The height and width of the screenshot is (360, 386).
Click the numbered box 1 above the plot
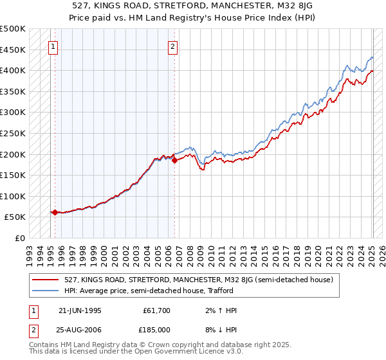tap(53, 46)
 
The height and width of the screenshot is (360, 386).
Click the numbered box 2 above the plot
tap(173, 46)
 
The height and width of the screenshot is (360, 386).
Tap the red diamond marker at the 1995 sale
tap(55, 212)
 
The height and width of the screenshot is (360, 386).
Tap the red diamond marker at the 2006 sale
tap(174, 160)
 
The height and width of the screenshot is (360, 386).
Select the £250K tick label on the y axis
tap(12, 133)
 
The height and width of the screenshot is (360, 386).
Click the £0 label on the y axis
tap(21, 238)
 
